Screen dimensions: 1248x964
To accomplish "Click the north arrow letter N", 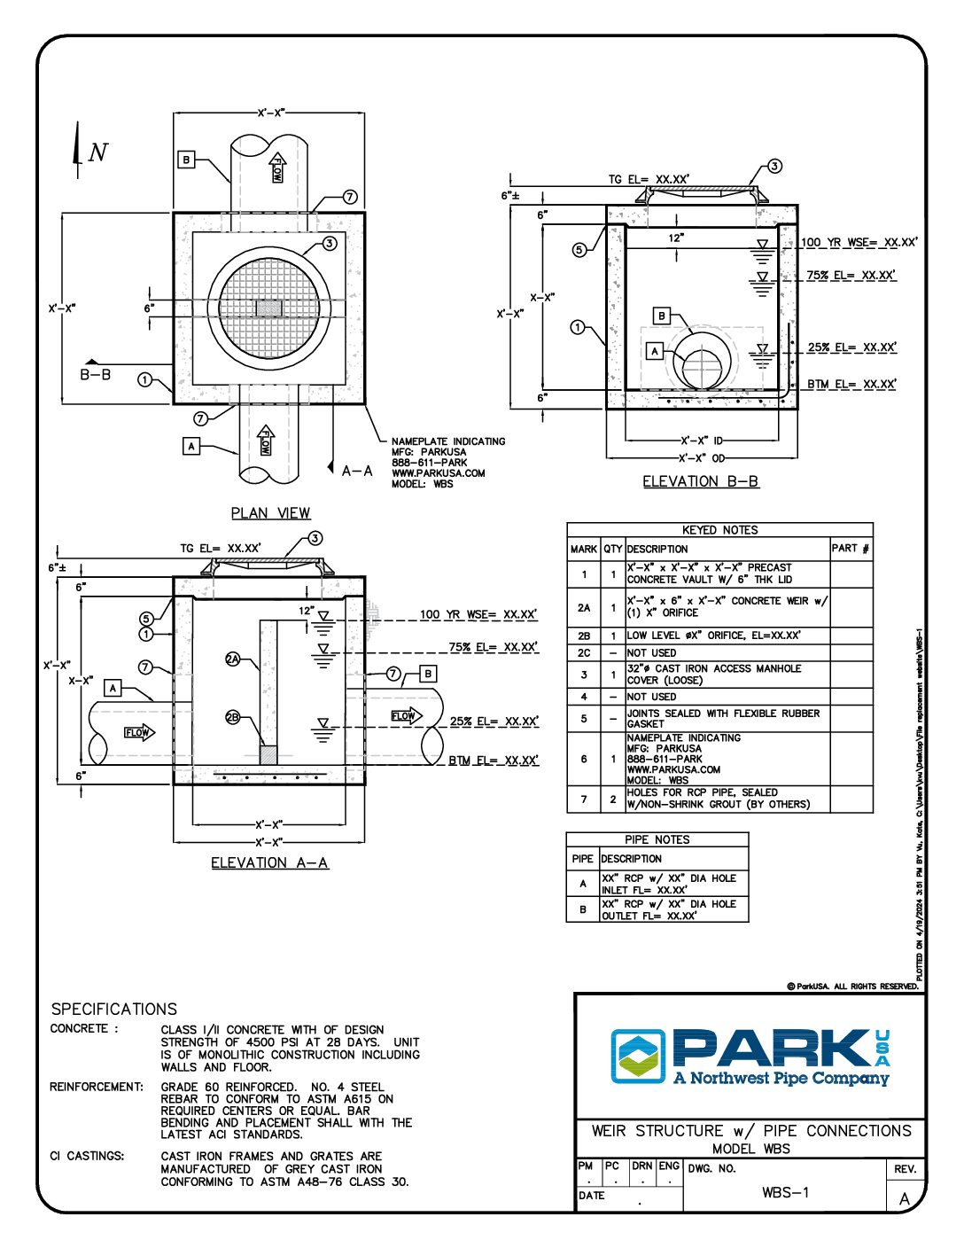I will click(x=98, y=152).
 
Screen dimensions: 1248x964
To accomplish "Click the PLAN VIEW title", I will click(x=270, y=513).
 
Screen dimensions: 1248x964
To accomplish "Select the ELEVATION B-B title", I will click(x=700, y=482).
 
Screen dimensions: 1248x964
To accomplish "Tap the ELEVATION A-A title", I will click(x=269, y=863).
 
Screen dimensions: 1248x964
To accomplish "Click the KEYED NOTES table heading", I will click(x=719, y=530).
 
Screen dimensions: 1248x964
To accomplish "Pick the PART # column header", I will click(x=850, y=549).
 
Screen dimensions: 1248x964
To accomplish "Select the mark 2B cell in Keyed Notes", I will click(x=584, y=636).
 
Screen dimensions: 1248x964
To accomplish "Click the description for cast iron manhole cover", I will click(x=714, y=675).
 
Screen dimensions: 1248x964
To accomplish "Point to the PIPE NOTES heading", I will click(x=657, y=839).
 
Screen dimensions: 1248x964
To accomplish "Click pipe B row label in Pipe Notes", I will click(x=582, y=909).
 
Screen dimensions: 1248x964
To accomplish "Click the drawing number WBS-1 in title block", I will click(x=785, y=1192).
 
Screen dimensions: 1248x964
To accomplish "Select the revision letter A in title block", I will click(x=904, y=1199).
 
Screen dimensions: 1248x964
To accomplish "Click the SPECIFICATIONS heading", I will click(x=113, y=1009).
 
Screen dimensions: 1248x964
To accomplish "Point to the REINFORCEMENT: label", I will click(x=97, y=1087).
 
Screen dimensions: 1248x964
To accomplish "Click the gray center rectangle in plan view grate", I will click(x=268, y=308).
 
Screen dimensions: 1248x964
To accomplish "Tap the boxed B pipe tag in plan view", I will click(x=186, y=160).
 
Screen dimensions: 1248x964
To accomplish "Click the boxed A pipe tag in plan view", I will click(x=192, y=446).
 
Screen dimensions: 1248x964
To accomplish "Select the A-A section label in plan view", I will click(x=357, y=471).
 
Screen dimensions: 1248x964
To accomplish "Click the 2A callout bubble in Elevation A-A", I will click(x=233, y=659).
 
